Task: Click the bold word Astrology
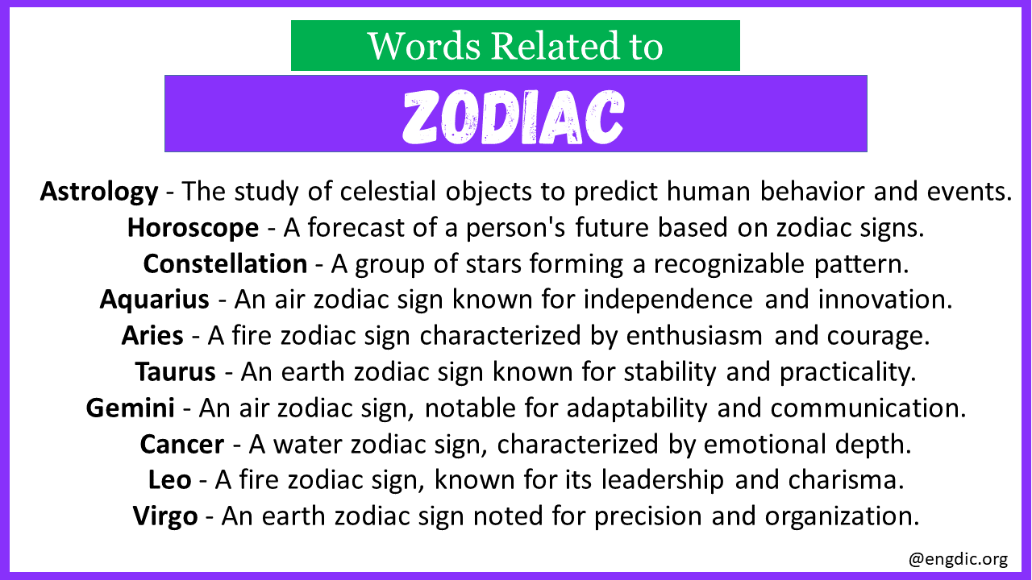(x=99, y=192)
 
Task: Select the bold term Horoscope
(x=193, y=228)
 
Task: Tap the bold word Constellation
(x=225, y=263)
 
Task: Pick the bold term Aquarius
(x=154, y=300)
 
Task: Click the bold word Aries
(x=152, y=336)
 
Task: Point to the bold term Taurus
(x=176, y=371)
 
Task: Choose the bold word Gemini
(x=131, y=408)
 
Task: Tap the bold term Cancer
(x=182, y=444)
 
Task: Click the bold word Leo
(x=169, y=480)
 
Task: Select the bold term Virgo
(x=165, y=516)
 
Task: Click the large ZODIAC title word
(x=514, y=117)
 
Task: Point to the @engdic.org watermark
(x=959, y=559)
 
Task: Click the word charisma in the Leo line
(x=846, y=480)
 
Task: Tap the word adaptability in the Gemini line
(x=637, y=408)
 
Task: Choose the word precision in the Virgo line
(x=648, y=516)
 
